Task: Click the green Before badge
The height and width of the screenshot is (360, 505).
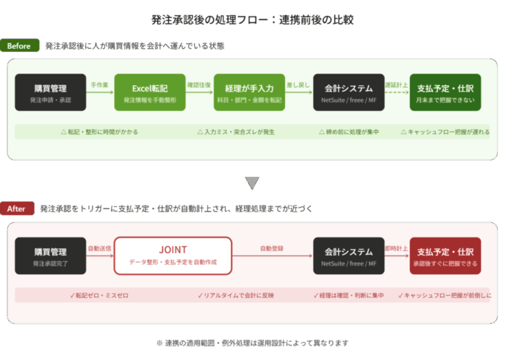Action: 19,46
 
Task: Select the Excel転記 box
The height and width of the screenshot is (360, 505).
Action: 150,92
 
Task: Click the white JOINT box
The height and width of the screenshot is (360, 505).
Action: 172,255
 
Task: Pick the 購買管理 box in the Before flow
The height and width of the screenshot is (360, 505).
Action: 50,92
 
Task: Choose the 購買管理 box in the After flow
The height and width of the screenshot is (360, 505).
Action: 50,255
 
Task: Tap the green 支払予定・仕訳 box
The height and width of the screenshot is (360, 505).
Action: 445,92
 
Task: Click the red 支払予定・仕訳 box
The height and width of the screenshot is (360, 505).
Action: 445,255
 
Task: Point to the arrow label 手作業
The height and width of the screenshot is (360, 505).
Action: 100,85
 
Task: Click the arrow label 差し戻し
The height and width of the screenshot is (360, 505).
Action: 298,85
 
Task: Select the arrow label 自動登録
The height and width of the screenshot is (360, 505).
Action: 272,248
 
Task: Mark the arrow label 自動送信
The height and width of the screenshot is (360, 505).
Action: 100,248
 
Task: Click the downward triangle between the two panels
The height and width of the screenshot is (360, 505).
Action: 252,183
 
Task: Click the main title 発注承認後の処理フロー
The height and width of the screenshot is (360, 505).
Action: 252,19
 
